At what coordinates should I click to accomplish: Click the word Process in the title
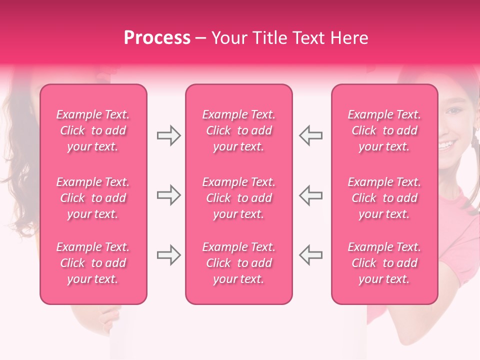pyautogui.click(x=157, y=38)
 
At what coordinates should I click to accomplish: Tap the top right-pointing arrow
pyautogui.click(x=168, y=135)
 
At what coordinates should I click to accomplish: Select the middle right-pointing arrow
pyautogui.click(x=168, y=195)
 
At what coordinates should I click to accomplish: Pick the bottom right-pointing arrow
pyautogui.click(x=168, y=255)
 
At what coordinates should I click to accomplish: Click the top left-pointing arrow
pyautogui.click(x=311, y=135)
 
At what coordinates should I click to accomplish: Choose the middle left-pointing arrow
pyautogui.click(x=311, y=195)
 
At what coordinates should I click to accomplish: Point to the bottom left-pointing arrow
pyautogui.click(x=311, y=255)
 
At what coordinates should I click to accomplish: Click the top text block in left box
pyautogui.click(x=93, y=130)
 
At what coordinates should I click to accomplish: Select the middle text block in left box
pyautogui.click(x=93, y=198)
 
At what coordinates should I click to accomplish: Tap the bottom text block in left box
pyautogui.click(x=93, y=263)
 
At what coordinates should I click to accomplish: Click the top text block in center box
pyautogui.click(x=238, y=130)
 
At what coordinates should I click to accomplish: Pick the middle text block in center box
pyautogui.click(x=238, y=198)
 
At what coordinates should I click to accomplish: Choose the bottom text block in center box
pyautogui.click(x=238, y=263)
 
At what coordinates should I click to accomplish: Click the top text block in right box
pyautogui.click(x=384, y=130)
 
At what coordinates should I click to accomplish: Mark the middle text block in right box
pyautogui.click(x=384, y=198)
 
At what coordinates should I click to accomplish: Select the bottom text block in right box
pyautogui.click(x=384, y=263)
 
